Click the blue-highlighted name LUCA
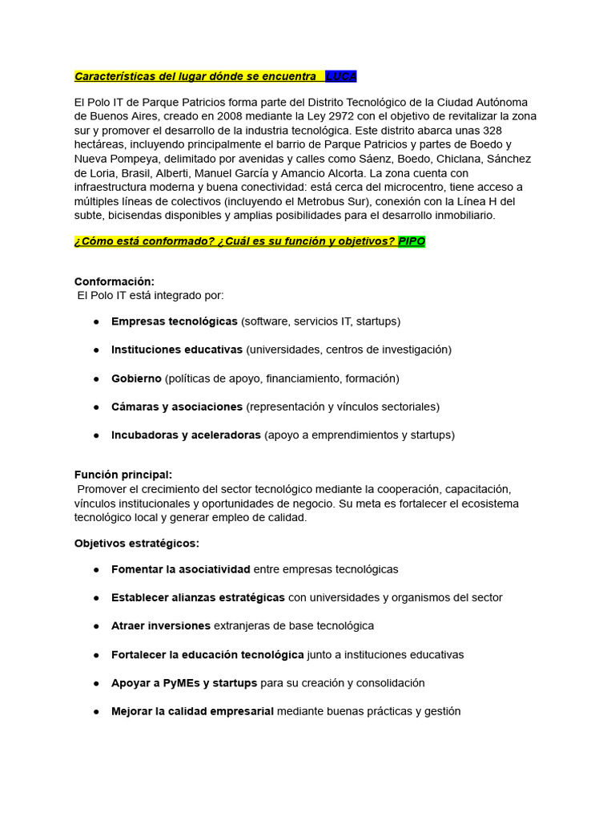(x=341, y=76)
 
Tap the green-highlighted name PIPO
(x=412, y=242)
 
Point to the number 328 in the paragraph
(x=487, y=130)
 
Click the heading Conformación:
(x=115, y=281)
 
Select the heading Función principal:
(x=123, y=475)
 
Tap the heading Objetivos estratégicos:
(x=137, y=544)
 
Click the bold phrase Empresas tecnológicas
(x=175, y=322)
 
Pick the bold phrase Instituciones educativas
(x=177, y=350)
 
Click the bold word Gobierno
(x=137, y=378)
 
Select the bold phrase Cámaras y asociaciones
(x=177, y=407)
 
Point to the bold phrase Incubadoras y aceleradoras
(x=186, y=435)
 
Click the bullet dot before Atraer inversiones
(x=96, y=626)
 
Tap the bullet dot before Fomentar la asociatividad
(x=96, y=569)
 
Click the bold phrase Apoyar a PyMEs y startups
(x=184, y=683)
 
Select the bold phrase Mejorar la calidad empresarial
(x=192, y=711)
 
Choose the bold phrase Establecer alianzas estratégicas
(x=198, y=597)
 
